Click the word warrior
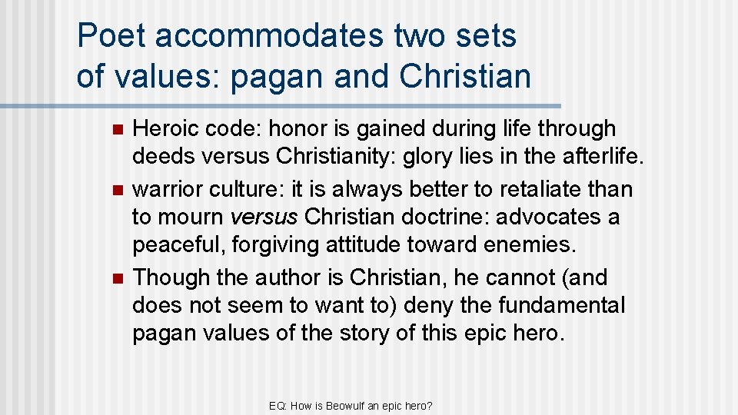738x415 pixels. (165, 189)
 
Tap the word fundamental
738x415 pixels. (561, 305)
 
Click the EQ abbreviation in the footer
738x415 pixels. (278, 404)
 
